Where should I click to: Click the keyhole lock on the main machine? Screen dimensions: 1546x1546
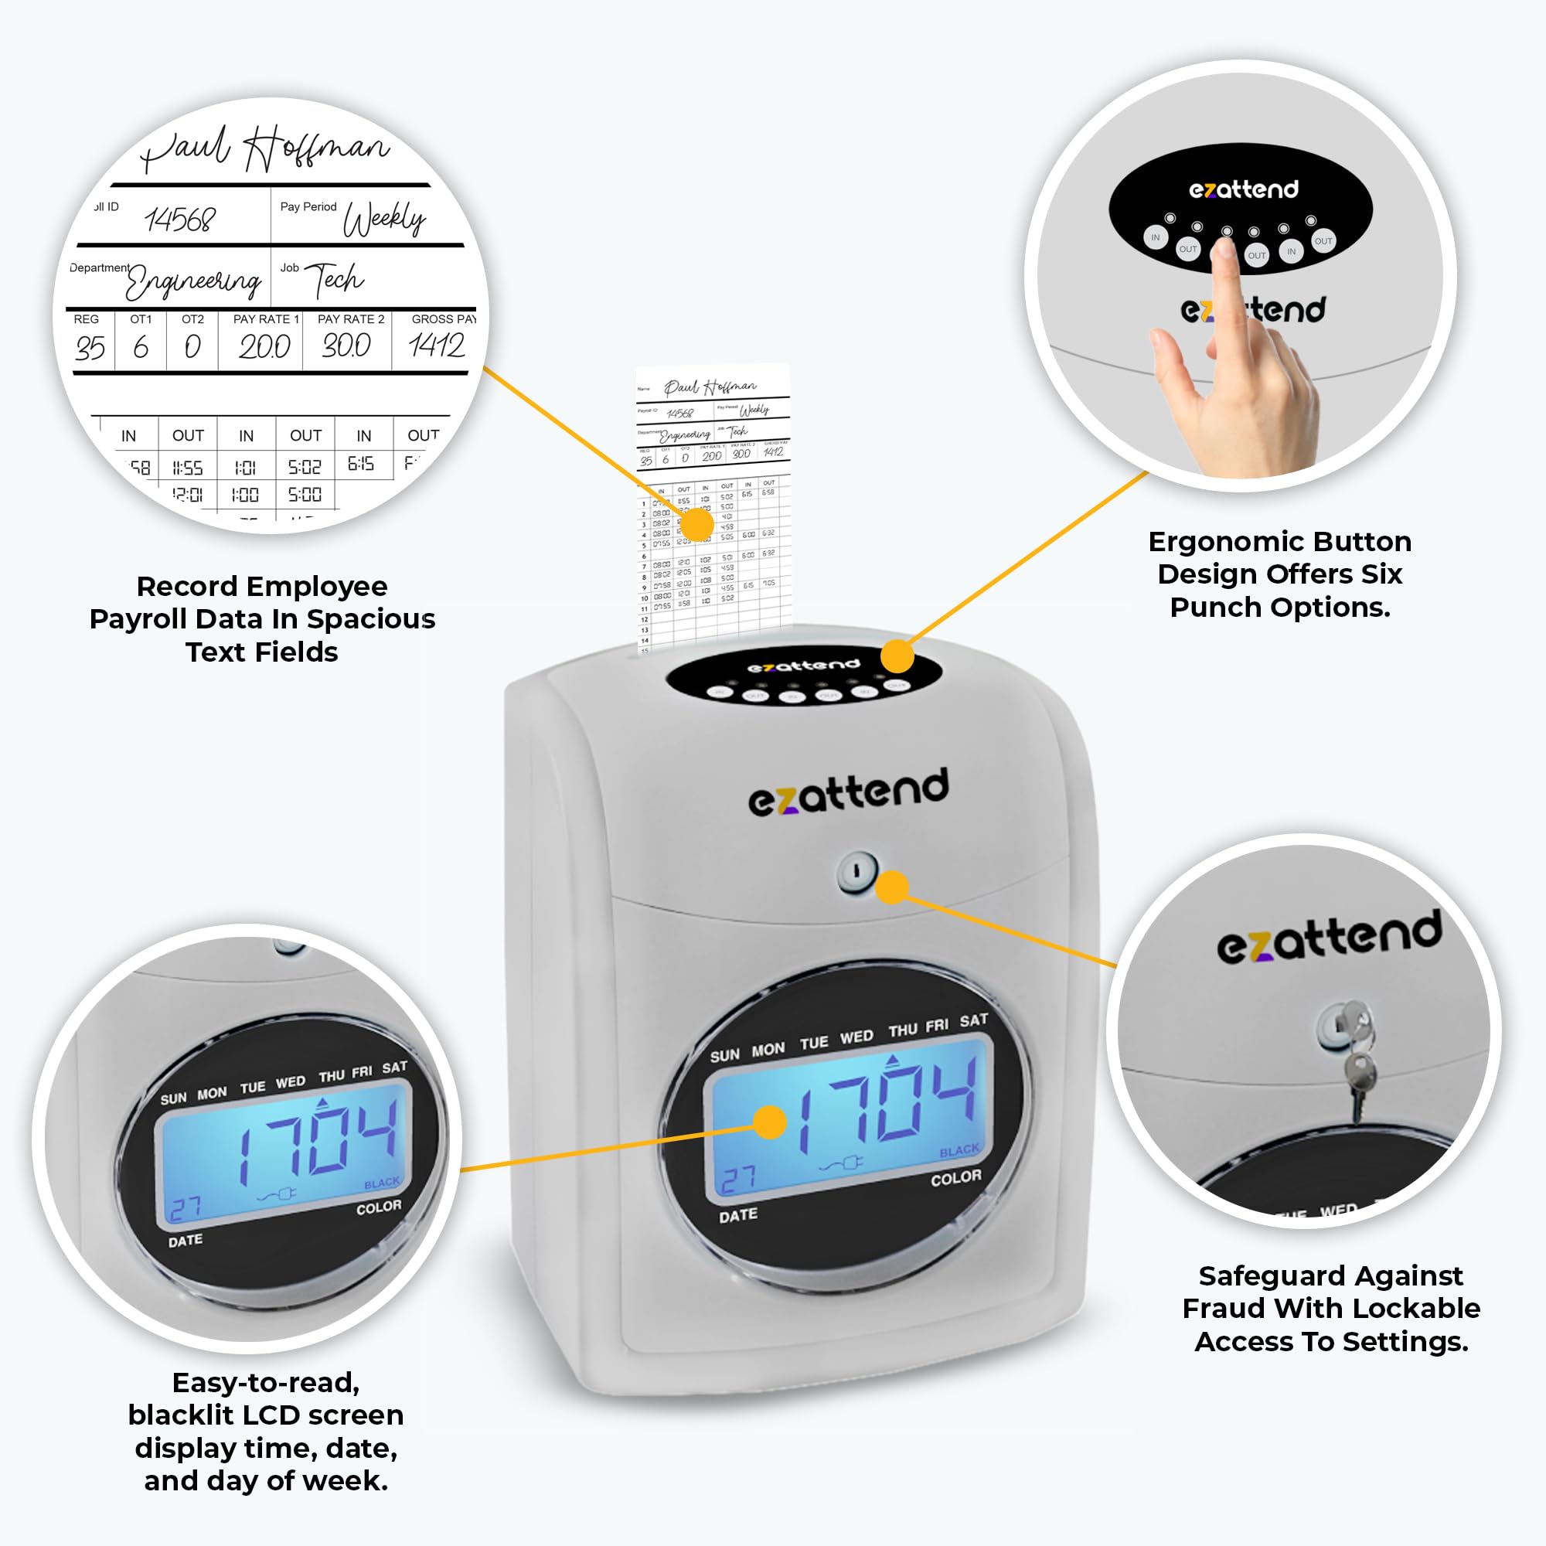pos(856,872)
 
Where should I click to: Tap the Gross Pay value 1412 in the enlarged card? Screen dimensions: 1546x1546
pos(436,346)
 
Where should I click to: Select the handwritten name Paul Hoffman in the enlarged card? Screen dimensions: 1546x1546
pos(264,149)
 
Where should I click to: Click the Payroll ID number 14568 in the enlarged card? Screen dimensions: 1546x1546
pos(180,220)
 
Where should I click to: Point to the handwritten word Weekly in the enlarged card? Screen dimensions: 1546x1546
pos(384,219)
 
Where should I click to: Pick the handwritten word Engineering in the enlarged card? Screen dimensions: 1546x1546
pos(194,281)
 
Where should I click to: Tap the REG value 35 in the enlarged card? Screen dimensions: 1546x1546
pos(90,347)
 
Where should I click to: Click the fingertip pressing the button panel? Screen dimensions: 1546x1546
pos(1224,248)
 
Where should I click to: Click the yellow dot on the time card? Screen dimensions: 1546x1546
pos(696,525)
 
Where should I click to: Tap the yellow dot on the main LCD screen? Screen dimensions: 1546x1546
pos(770,1122)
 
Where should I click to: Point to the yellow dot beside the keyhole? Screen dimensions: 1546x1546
pos(892,887)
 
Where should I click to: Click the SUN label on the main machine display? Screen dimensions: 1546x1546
pos(724,1055)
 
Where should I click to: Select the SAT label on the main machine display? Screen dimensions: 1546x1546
pos(974,1020)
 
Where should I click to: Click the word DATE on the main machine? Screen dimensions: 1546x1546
pos(737,1215)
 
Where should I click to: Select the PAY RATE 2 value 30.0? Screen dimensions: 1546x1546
pos(346,346)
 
